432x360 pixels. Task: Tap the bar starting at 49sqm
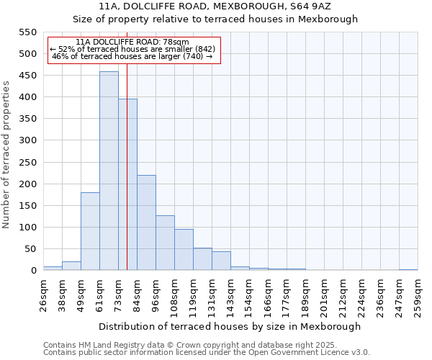click(90, 231)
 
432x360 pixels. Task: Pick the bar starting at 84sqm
click(146, 222)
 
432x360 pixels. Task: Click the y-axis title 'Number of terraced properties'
click(7, 155)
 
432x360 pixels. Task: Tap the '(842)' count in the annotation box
click(202, 49)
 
